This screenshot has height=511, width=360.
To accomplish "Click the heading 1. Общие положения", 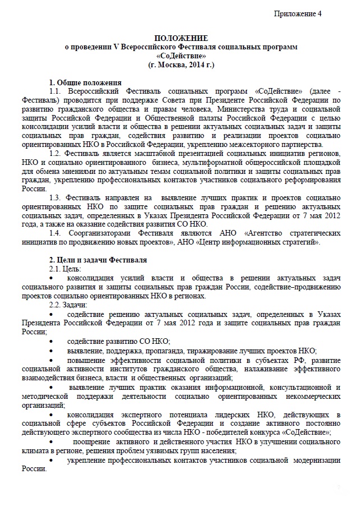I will pyautogui.click(x=85, y=82).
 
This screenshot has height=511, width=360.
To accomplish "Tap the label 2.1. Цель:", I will pyautogui.click(x=66, y=269).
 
